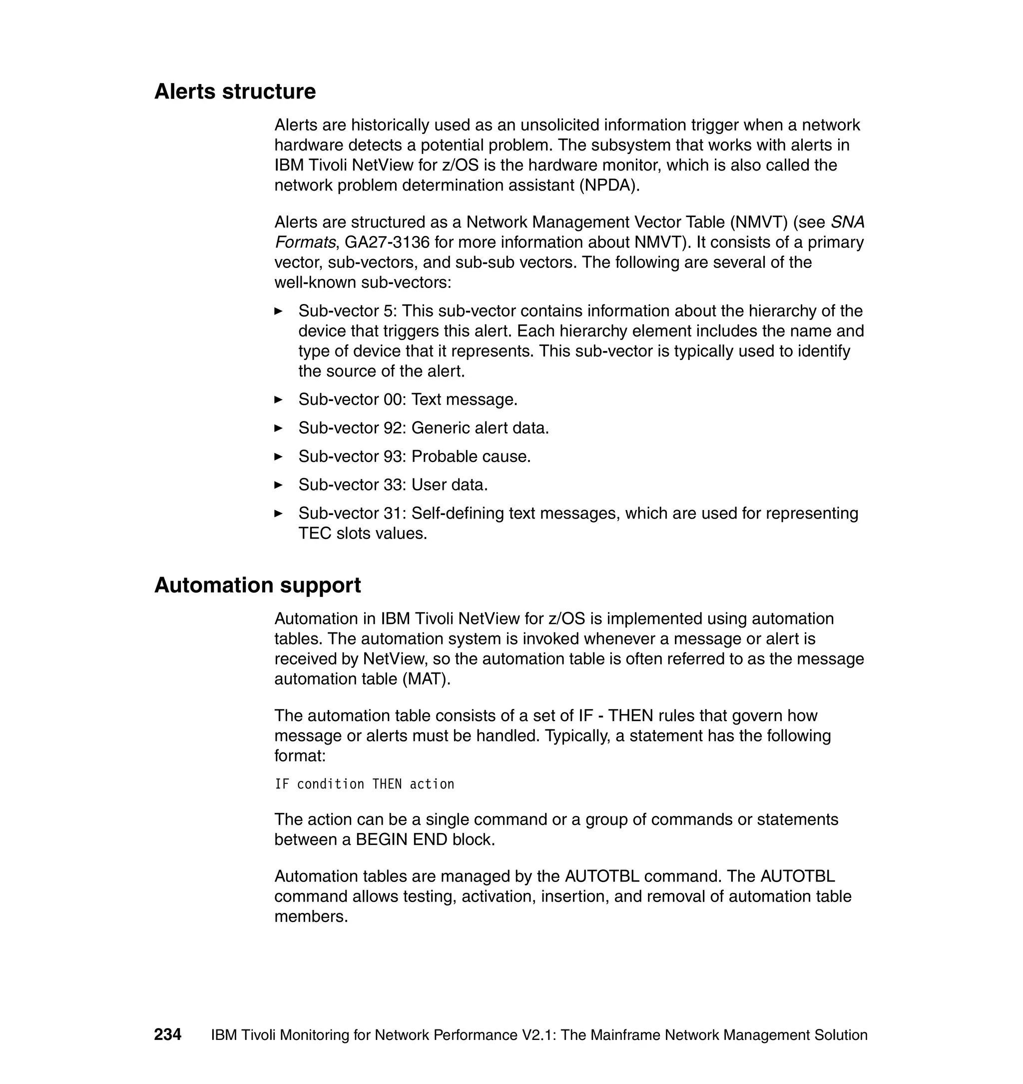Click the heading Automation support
coord(257,585)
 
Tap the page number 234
coord(167,1034)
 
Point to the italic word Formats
coord(304,242)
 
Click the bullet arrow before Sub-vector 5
coord(278,311)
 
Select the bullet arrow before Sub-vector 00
coord(278,399)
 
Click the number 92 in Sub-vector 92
coord(393,428)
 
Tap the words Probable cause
coord(471,456)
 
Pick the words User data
coord(450,484)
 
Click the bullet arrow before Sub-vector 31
coord(278,513)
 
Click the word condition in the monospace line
coord(331,784)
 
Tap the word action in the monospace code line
coord(432,784)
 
